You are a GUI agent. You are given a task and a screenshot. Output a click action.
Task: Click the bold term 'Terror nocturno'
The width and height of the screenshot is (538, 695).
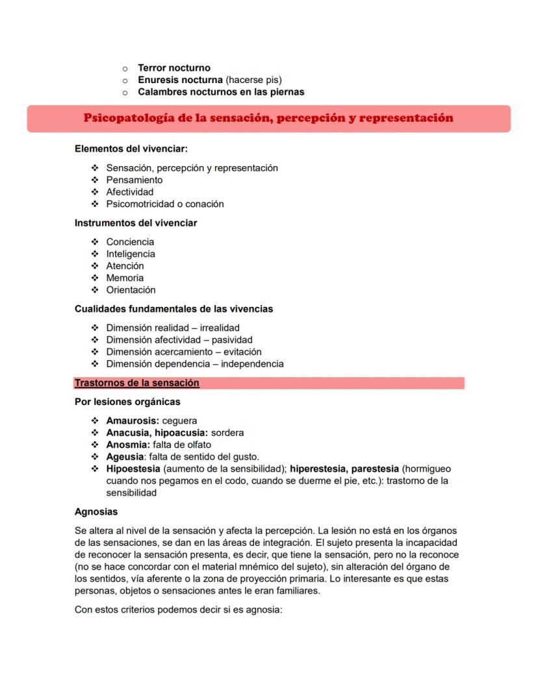click(x=173, y=67)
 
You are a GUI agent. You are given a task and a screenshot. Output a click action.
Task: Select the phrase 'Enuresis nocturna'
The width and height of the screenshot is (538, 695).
click(x=180, y=80)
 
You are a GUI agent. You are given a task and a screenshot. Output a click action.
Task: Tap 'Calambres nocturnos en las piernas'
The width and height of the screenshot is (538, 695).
click(x=221, y=91)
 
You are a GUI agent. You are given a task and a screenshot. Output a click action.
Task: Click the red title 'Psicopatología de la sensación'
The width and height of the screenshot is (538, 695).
click(x=268, y=118)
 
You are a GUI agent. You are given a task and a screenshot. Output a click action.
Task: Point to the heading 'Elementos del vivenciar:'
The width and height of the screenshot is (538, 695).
click(x=131, y=149)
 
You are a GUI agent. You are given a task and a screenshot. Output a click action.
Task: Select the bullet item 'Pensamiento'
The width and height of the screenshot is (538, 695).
click(x=134, y=180)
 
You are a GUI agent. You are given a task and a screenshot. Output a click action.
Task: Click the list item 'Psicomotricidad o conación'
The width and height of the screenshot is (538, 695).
click(x=165, y=204)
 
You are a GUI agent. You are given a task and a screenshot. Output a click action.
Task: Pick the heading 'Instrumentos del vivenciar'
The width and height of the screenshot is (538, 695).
click(x=136, y=223)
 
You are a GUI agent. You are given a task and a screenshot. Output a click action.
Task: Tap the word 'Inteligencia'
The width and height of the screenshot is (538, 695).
click(x=131, y=254)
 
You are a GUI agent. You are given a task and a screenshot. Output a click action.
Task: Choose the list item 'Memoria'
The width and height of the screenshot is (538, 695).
click(x=125, y=278)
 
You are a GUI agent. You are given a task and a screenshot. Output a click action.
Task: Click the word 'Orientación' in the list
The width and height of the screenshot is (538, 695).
click(x=131, y=289)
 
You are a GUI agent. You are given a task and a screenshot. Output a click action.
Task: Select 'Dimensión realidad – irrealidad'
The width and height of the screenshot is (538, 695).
click(x=173, y=328)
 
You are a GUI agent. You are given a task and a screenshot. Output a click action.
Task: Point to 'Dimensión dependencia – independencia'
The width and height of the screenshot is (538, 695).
click(x=195, y=363)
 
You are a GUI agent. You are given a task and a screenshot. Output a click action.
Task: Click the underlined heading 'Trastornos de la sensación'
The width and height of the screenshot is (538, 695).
click(x=137, y=383)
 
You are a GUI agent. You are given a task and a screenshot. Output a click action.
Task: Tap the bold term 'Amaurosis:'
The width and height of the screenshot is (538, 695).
click(x=133, y=421)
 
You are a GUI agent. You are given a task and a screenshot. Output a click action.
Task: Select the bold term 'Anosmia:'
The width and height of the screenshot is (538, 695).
click(x=128, y=445)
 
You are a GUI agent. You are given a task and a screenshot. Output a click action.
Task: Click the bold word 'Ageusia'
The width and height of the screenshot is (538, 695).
click(x=123, y=457)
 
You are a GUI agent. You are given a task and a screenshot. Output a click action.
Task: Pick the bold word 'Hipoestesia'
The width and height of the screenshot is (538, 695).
click(x=133, y=469)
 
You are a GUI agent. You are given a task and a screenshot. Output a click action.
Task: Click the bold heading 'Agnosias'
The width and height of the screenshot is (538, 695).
click(x=96, y=511)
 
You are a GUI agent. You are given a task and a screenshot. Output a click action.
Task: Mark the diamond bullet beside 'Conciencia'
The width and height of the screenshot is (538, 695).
click(x=96, y=242)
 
